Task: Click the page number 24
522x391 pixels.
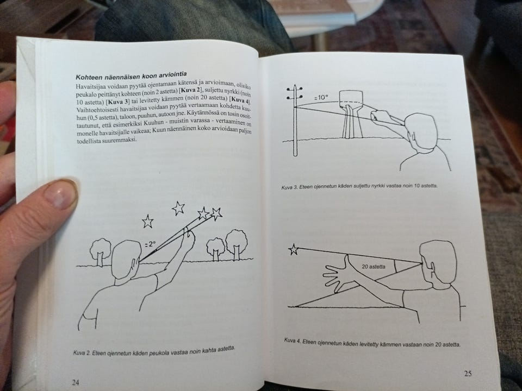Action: (x=76, y=382)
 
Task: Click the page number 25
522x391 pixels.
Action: (x=468, y=374)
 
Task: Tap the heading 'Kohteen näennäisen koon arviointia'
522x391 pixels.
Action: (x=131, y=75)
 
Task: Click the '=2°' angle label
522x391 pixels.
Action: (x=150, y=244)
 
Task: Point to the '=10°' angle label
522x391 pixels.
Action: (x=321, y=97)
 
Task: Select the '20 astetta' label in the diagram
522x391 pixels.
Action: (x=374, y=267)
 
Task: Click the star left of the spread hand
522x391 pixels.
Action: (x=293, y=249)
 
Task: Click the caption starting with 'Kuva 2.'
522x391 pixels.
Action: (x=154, y=350)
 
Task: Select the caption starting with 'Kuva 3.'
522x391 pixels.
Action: (x=359, y=186)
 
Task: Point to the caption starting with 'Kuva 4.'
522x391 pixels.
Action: (x=372, y=343)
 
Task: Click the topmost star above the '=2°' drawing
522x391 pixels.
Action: (x=178, y=208)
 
